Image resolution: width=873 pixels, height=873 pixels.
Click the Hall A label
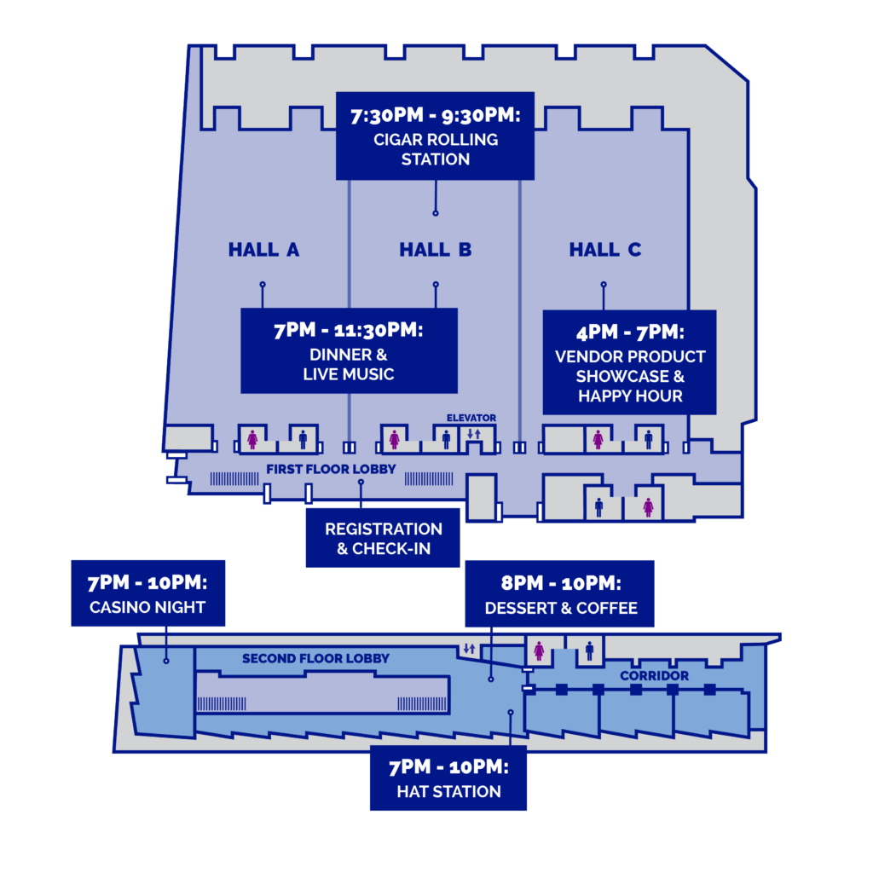tap(264, 250)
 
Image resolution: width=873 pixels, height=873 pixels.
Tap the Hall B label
tap(436, 250)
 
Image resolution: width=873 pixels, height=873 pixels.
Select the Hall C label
tap(605, 250)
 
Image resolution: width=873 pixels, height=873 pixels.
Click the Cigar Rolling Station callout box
tap(436, 136)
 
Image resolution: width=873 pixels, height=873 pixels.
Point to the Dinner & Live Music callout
tap(349, 350)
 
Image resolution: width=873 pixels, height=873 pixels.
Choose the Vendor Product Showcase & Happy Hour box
tap(630, 362)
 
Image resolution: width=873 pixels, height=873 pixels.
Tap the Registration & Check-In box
tap(383, 538)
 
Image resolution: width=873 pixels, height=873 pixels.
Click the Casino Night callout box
tap(148, 593)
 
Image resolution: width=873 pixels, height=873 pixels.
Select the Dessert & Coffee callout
tap(560, 594)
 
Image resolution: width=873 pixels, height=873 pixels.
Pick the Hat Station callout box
tap(448, 778)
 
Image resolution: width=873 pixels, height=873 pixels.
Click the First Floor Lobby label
tap(331, 470)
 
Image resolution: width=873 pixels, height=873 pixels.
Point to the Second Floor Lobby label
tap(315, 659)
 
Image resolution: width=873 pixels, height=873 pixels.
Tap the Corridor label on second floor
tap(654, 676)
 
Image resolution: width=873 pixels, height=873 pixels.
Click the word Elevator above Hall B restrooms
tap(471, 418)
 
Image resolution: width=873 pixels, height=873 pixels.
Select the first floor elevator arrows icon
tap(474, 434)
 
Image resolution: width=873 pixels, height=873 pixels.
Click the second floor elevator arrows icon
tap(470, 649)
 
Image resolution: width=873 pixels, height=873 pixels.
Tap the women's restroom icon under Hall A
tap(252, 439)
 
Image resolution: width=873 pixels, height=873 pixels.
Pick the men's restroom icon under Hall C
tap(649, 439)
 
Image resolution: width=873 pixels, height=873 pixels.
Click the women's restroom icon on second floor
tap(539, 650)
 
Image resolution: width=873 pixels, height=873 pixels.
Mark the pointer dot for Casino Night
tap(166, 661)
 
